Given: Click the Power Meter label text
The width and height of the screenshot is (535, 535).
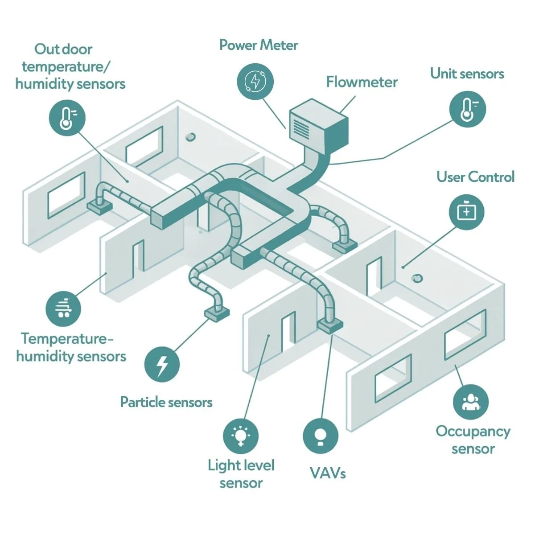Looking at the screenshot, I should pos(259,45).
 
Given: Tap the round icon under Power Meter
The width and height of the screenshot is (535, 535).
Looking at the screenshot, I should pos(255,81).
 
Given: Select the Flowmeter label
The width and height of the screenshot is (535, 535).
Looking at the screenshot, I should pos(362,82).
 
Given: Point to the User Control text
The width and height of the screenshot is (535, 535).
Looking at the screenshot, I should pos(475,177).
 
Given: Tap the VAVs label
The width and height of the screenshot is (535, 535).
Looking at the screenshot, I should pos(328,473).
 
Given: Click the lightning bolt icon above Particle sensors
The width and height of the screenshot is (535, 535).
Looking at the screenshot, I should pos(162,364).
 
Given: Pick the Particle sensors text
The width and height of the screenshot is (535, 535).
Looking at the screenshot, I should pos(166,402).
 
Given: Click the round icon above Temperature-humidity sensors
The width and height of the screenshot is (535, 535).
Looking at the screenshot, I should pos(64,308).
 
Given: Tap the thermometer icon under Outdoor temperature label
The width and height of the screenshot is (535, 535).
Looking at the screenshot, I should pos(66,117).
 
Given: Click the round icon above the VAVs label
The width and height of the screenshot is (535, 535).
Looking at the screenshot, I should pos(320,436).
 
